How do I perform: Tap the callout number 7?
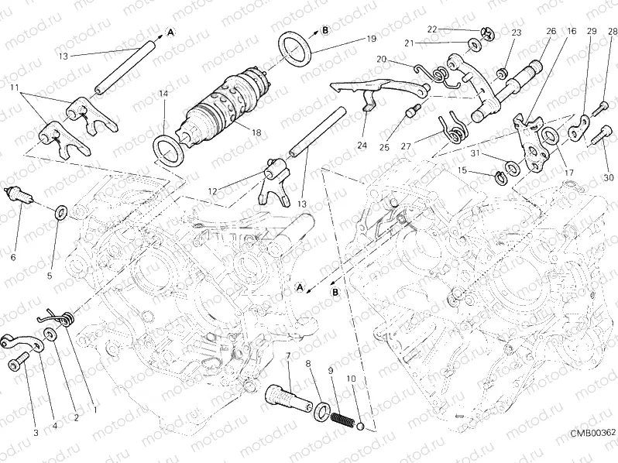[x=288, y=355]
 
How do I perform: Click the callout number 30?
[x=609, y=178]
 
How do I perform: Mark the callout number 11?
[x=14, y=90]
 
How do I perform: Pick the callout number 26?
[x=551, y=31]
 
